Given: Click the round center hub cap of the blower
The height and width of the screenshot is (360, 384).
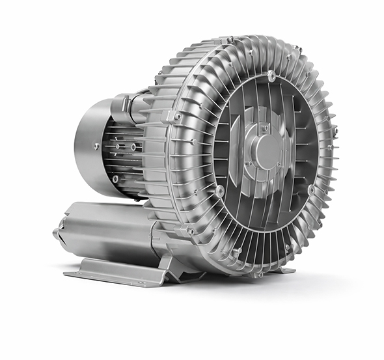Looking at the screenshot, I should click(266, 151).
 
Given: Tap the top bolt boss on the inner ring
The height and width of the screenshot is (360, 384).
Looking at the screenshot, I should click(271, 76).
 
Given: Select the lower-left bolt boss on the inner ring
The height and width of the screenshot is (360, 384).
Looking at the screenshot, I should click(220, 191).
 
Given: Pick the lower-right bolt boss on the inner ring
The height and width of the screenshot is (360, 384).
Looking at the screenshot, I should click(312, 189).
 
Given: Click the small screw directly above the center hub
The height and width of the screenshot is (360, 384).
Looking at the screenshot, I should click(266, 128).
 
